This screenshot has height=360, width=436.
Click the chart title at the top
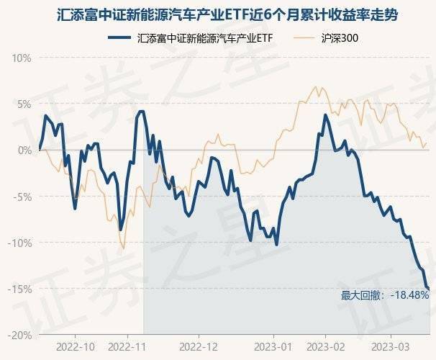click(218, 14)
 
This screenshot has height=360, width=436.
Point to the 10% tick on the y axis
click(22, 58)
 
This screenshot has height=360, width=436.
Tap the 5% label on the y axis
click(24, 104)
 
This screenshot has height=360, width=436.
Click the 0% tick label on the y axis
click(24, 150)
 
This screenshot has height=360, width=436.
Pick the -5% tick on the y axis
click(23, 196)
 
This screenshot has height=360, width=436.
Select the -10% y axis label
click(20, 243)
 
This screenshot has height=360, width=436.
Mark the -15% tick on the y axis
click(20, 289)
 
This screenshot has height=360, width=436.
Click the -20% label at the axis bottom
click(20, 335)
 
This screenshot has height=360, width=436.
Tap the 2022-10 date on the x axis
click(73, 346)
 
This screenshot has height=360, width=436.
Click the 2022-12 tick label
click(199, 346)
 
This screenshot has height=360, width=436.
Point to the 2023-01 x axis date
click(274, 346)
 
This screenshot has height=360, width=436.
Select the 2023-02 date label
click(326, 346)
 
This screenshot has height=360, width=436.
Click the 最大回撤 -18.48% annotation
click(384, 295)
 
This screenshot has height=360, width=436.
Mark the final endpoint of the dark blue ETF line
click(430, 289)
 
